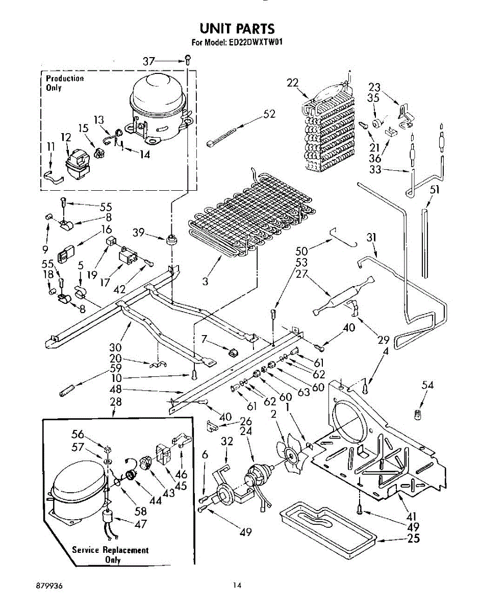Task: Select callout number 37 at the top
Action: click(148, 61)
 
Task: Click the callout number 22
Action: click(292, 83)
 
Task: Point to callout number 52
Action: click(269, 114)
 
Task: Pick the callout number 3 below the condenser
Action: click(205, 281)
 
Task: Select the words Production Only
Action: click(65, 83)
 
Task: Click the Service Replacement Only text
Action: click(110, 554)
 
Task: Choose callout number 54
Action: click(427, 386)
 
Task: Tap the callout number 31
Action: click(371, 237)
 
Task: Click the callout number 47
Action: click(140, 524)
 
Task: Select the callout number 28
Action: click(116, 402)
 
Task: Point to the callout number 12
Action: click(66, 137)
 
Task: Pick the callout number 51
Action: click(435, 190)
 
